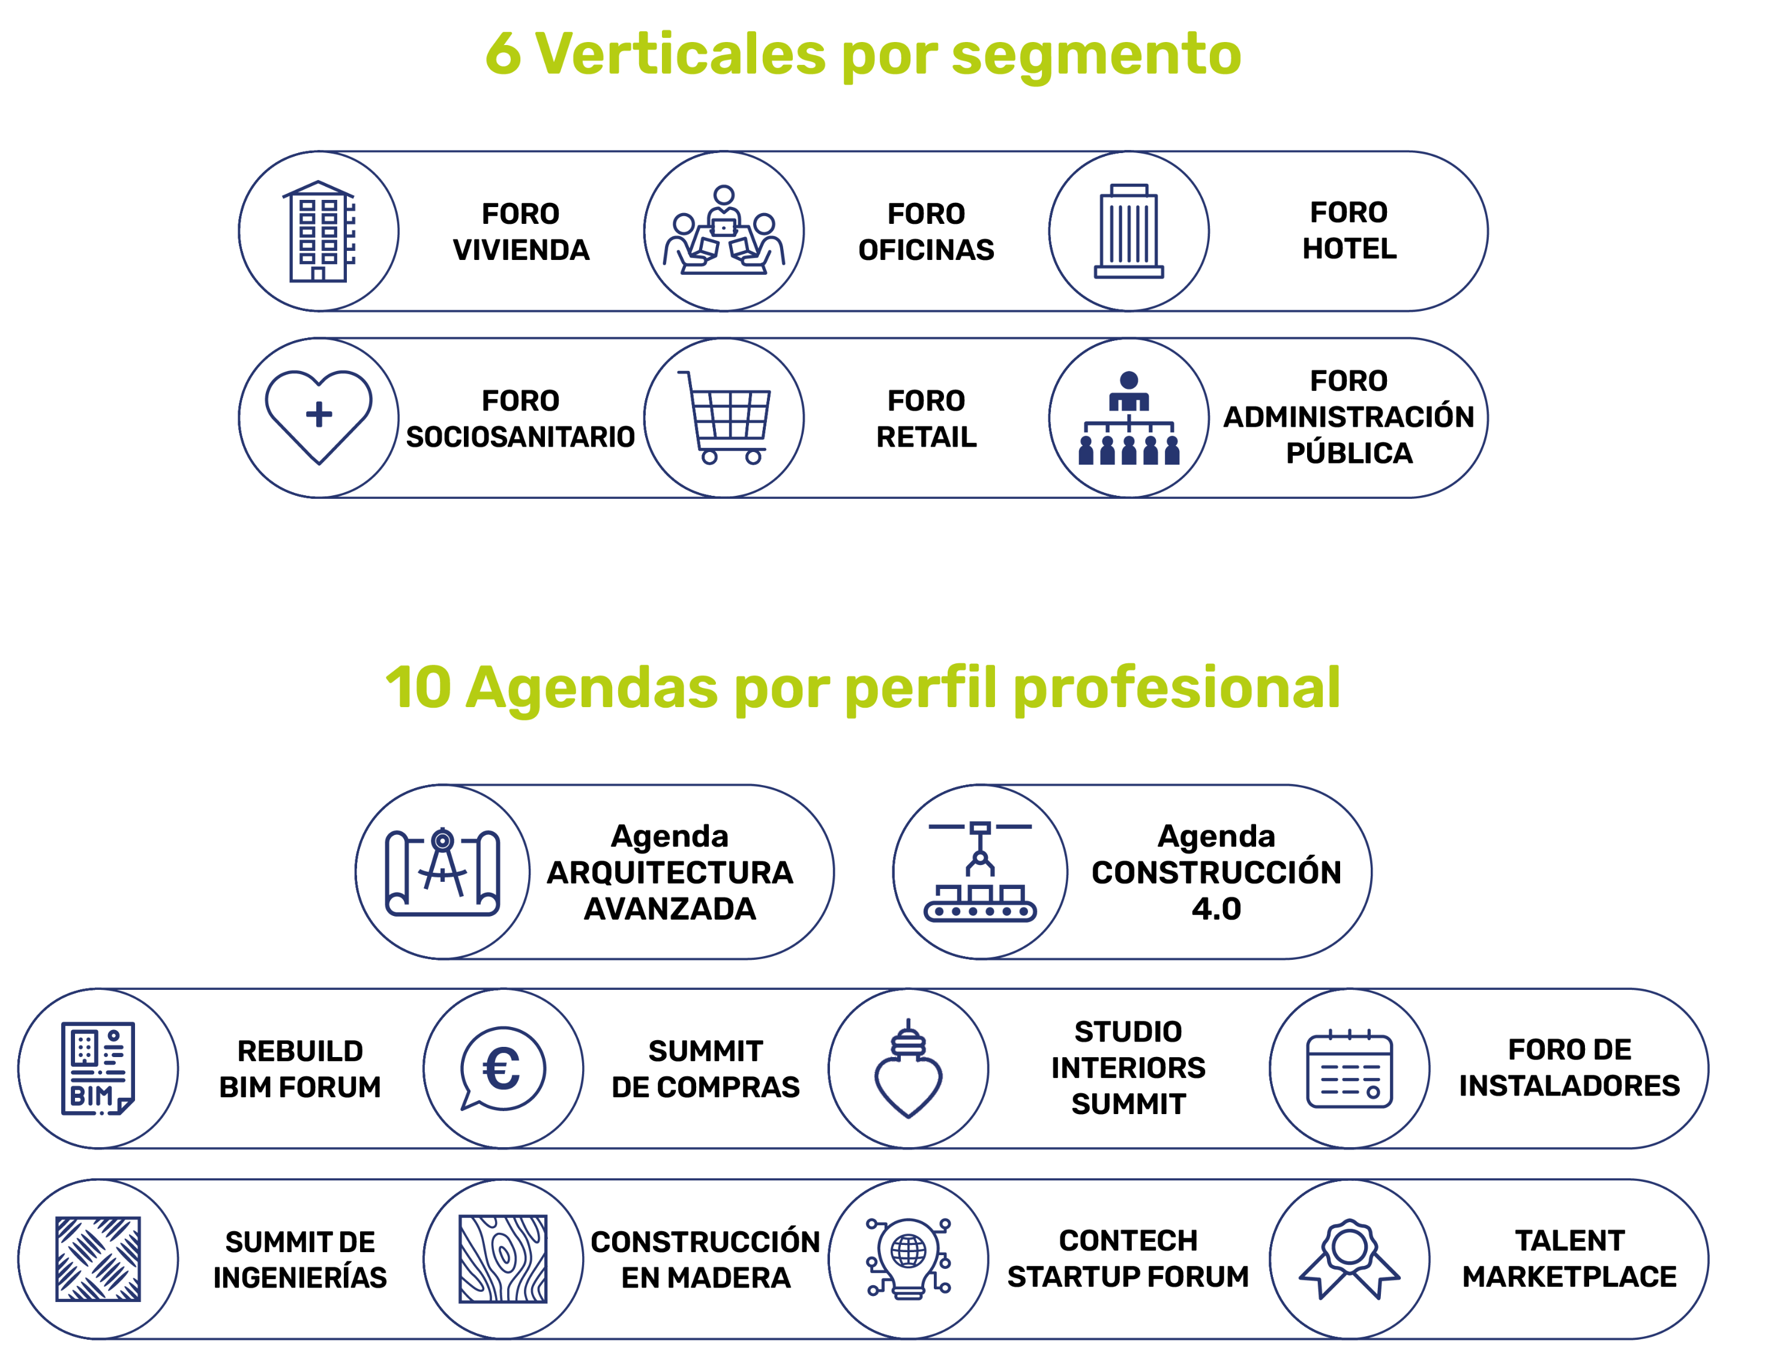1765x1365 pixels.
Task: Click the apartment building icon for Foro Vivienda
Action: (319, 231)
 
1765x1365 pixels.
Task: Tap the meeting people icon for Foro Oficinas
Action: (724, 231)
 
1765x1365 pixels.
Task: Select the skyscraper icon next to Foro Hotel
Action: (1129, 231)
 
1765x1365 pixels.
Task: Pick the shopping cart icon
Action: (724, 417)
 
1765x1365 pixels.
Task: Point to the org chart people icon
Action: (1129, 418)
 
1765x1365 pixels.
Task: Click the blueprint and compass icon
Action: (442, 872)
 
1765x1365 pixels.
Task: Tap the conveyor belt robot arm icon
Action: (980, 872)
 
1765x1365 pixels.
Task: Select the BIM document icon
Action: (98, 1068)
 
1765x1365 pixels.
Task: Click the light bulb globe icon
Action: (909, 1258)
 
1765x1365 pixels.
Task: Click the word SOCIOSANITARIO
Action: (520, 436)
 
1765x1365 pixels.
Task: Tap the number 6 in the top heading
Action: (503, 53)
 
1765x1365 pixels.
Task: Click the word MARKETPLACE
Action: (1569, 1276)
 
